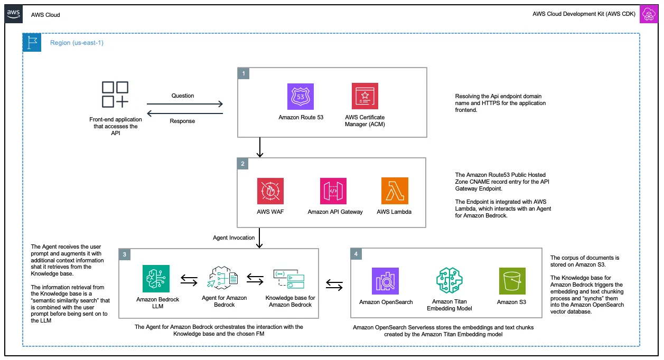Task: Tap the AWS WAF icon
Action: point(270,191)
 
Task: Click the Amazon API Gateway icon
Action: point(333,191)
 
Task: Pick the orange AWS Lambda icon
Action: point(395,191)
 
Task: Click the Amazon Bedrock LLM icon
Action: point(156,278)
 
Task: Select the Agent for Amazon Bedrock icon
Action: point(224,278)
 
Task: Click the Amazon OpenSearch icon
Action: point(385,281)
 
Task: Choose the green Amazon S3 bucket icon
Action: point(512,281)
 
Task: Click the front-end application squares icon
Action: point(115,95)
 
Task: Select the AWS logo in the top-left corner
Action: point(14,15)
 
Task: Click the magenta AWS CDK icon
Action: point(648,15)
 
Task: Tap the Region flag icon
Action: point(32,43)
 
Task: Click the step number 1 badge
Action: point(244,74)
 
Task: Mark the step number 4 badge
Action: point(357,254)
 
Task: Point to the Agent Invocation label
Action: point(234,238)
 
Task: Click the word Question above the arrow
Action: point(183,96)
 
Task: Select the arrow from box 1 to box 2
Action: point(259,147)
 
